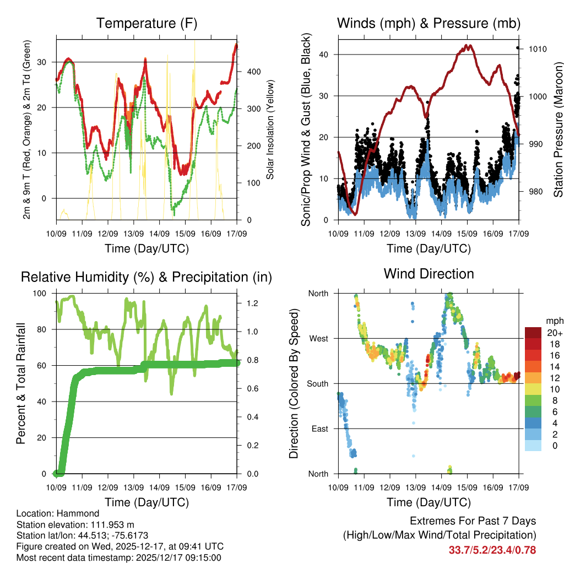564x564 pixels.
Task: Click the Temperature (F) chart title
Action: (147, 24)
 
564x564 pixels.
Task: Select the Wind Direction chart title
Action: (429, 273)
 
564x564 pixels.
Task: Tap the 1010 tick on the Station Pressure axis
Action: (536, 49)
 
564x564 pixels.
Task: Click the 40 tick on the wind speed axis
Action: (325, 55)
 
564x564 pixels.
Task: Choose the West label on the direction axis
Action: (318, 339)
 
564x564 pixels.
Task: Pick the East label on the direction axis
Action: (319, 429)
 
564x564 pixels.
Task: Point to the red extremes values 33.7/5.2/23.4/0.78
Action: (492, 550)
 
